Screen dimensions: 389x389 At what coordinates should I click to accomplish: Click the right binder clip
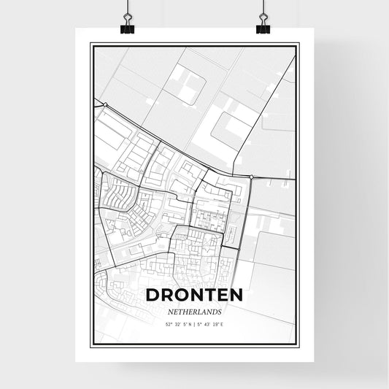click(263, 26)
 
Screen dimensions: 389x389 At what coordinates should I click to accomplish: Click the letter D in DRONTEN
click(153, 295)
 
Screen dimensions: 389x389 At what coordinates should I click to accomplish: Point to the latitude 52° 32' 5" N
click(175, 323)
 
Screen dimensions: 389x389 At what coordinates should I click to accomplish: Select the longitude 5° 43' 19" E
click(213, 323)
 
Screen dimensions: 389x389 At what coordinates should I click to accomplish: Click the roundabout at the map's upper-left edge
click(106, 104)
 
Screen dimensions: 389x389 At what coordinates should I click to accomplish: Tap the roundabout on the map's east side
click(251, 177)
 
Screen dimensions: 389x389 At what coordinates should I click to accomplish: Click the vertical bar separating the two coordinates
click(195, 323)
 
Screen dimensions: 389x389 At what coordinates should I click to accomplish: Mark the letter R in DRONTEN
click(167, 295)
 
